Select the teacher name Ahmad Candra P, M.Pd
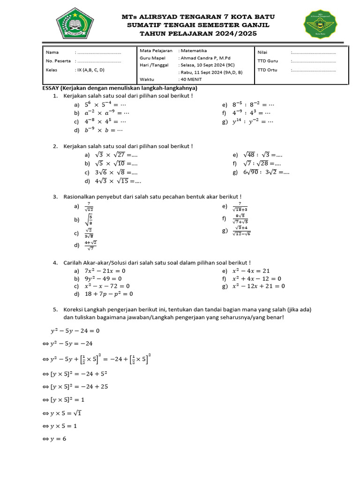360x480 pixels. [x=204, y=58]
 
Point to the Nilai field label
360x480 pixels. [x=262, y=52]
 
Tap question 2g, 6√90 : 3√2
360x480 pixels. [x=266, y=172]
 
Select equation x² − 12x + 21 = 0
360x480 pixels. [x=258, y=286]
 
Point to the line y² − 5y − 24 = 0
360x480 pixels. [x=75, y=330]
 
